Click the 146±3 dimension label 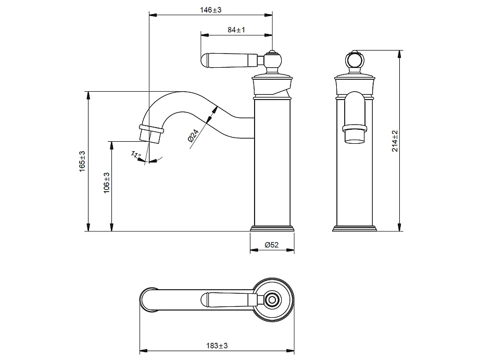(x=211, y=10)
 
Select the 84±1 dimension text (x=236, y=30)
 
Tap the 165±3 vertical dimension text (x=82, y=162)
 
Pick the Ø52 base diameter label (x=272, y=245)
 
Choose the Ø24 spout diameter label (x=192, y=136)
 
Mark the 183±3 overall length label (x=217, y=345)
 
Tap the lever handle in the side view (x=229, y=60)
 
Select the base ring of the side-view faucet (x=272, y=228)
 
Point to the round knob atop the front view (x=355, y=60)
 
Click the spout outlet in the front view (x=355, y=134)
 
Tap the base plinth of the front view (x=355, y=228)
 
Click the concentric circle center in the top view (x=271, y=300)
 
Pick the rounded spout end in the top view (x=149, y=300)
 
